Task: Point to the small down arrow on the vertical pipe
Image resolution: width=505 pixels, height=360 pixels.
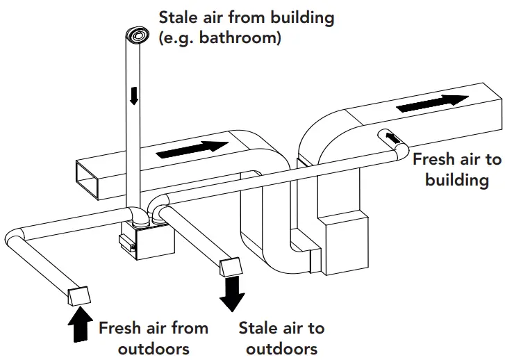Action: tap(134, 95)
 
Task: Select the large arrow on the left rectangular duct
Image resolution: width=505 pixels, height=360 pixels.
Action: tap(191, 148)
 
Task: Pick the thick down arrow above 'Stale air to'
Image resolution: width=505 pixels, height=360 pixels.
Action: tap(231, 295)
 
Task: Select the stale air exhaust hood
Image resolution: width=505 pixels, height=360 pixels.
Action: tap(230, 268)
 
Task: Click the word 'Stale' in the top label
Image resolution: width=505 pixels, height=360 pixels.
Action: tap(180, 17)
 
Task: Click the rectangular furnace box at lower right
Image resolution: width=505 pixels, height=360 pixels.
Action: tap(345, 240)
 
